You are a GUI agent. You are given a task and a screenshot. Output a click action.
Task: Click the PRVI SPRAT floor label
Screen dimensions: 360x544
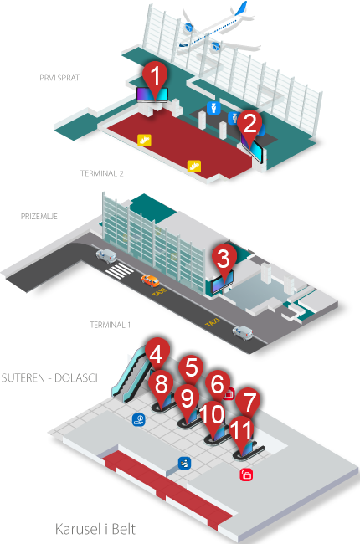(x=59, y=78)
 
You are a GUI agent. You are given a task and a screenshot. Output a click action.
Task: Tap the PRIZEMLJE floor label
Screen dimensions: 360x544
(x=39, y=217)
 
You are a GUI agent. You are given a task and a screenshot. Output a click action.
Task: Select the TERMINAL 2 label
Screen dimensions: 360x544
(x=101, y=173)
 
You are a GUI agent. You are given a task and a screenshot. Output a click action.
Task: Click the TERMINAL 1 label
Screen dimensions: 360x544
(x=110, y=325)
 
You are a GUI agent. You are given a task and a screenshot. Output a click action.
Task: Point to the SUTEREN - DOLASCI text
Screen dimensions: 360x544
(x=49, y=377)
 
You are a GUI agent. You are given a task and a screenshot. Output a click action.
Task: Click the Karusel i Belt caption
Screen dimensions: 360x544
(x=95, y=530)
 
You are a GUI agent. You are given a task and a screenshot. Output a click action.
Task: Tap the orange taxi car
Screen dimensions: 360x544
(x=151, y=280)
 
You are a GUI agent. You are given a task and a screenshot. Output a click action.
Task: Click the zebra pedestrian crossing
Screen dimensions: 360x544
(x=120, y=270)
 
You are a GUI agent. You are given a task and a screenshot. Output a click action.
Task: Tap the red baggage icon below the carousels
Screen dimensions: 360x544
(x=246, y=475)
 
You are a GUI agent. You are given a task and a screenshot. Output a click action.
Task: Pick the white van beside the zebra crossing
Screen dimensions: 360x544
(x=106, y=256)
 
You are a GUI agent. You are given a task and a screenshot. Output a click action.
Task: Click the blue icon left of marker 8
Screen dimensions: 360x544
(x=139, y=420)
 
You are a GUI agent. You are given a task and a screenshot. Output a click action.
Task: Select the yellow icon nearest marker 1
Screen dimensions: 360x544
(x=144, y=140)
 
